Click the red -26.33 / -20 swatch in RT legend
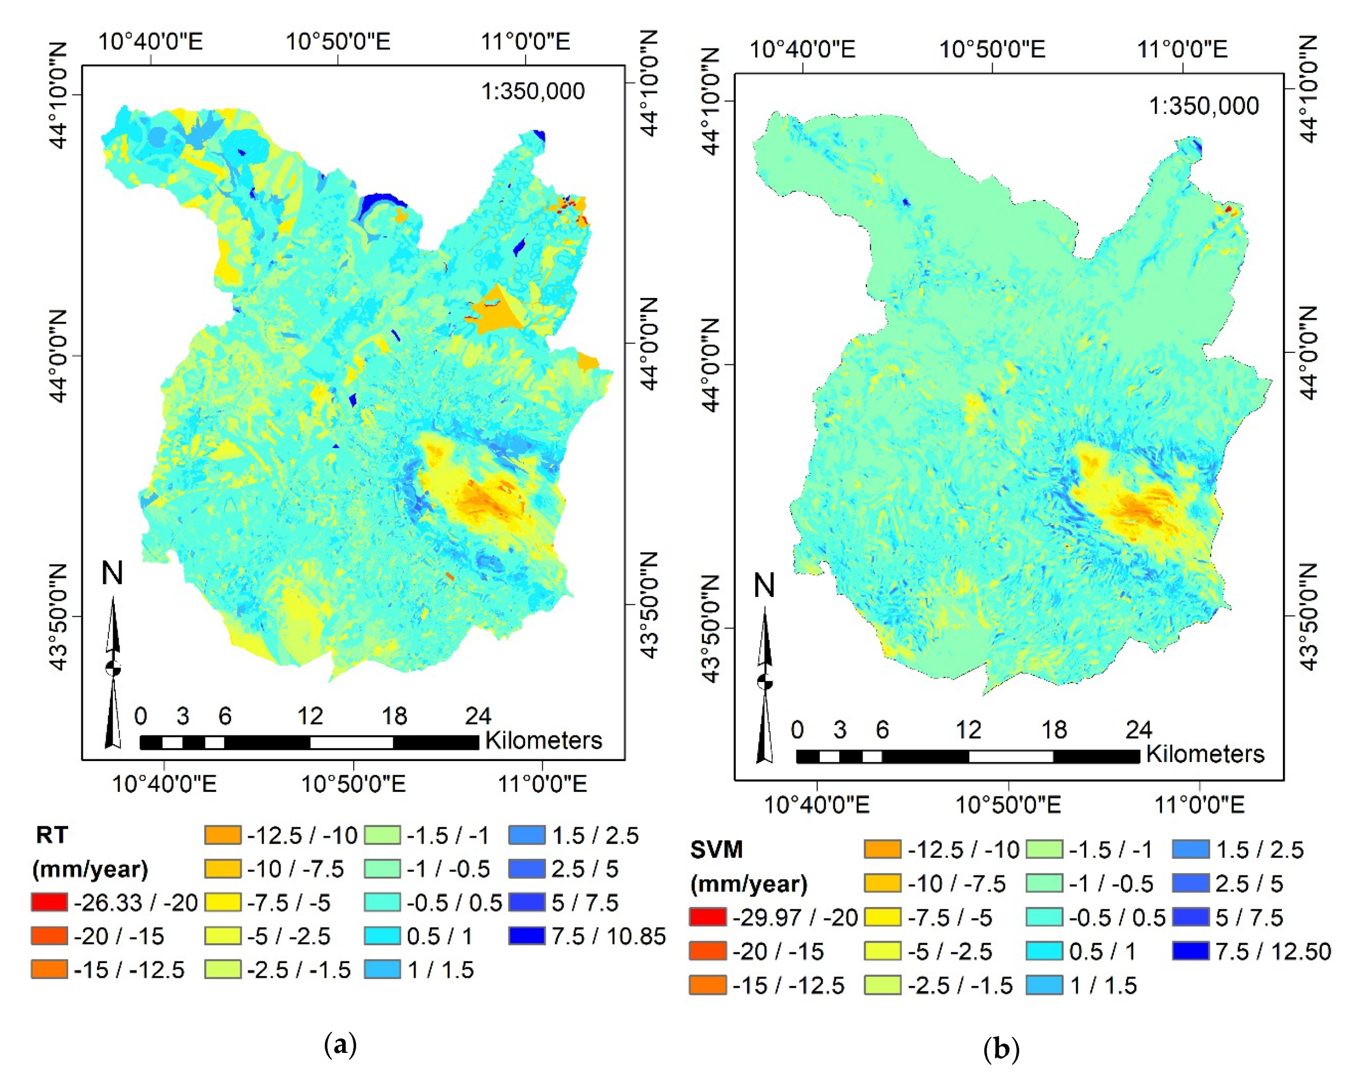(49, 902)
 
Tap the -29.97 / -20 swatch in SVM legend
(707, 916)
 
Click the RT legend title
(52, 835)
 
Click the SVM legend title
(716, 849)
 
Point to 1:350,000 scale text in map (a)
(533, 91)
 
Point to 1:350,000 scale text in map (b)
(1204, 106)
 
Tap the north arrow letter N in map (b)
(764, 586)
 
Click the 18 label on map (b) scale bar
(1053, 730)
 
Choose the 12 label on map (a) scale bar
(310, 716)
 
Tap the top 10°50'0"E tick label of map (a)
(338, 42)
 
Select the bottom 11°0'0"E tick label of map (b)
(1199, 805)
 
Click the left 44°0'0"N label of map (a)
(58, 355)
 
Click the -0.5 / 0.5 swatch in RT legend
(382, 902)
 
